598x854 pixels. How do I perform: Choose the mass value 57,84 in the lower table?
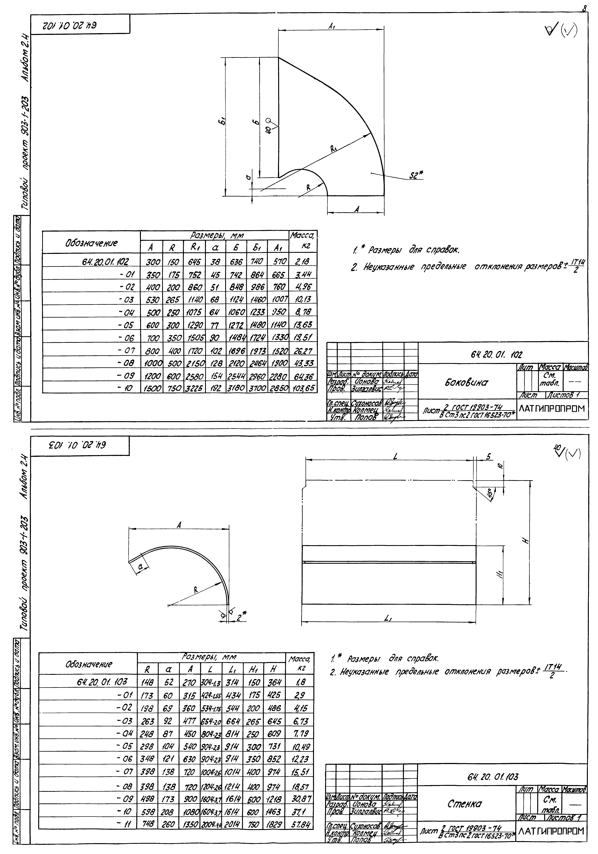click(301, 823)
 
